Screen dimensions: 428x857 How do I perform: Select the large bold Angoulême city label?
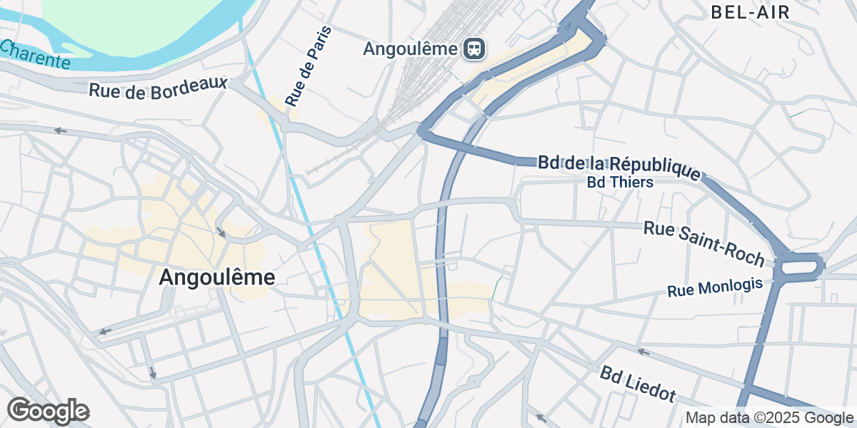(x=216, y=277)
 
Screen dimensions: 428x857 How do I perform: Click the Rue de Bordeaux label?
(x=158, y=88)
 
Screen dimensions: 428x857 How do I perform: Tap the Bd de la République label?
(x=619, y=166)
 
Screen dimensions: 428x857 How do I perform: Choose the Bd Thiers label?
(x=620, y=183)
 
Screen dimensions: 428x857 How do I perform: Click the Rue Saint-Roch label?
(x=704, y=243)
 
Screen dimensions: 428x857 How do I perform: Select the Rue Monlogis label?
(x=715, y=287)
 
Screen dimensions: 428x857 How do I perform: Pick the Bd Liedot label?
(x=638, y=384)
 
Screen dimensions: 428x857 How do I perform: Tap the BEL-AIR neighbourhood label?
(x=750, y=12)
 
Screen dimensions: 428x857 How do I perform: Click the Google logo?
(x=48, y=411)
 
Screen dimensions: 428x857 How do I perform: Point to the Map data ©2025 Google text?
(x=769, y=418)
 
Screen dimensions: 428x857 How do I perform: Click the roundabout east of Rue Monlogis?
(x=799, y=267)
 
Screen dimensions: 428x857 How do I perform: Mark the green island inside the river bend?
(x=143, y=29)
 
